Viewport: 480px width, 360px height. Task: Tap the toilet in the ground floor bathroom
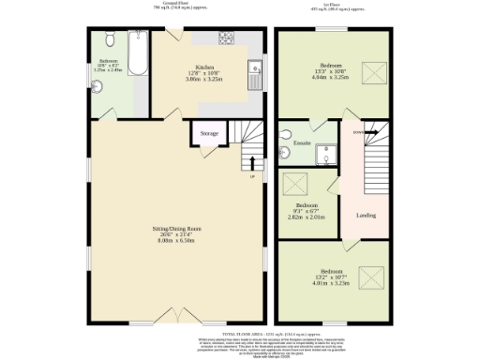pyautogui.click(x=109, y=39)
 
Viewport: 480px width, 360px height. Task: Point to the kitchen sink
pyautogui.click(x=255, y=67)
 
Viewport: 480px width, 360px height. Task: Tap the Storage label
pyautogui.click(x=209, y=134)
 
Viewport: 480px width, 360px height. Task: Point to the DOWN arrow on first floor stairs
pyautogui.click(x=360, y=133)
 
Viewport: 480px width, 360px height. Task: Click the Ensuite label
pyautogui.click(x=302, y=142)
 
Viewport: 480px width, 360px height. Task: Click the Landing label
pyautogui.click(x=366, y=216)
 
